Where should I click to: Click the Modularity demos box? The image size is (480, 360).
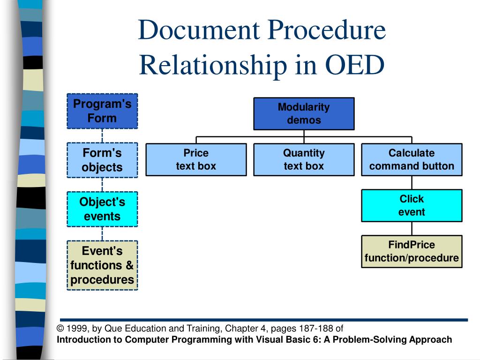coord(304,114)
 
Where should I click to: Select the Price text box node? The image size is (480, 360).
coord(196,159)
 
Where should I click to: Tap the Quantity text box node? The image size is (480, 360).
coord(304,159)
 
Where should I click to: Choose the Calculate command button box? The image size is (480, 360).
coord(412,159)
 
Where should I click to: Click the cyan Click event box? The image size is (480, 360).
coord(412,205)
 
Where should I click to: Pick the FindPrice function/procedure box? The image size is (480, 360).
coord(412,251)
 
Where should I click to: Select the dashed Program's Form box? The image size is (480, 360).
coord(102,111)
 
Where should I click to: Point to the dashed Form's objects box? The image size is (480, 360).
coord(102,160)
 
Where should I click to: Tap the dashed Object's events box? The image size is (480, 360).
coord(102,209)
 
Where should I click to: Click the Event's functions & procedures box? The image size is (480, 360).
coord(102,265)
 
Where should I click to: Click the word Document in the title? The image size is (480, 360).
coord(199,30)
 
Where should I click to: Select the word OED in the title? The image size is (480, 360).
coord(354,65)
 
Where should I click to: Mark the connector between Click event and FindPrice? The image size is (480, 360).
coord(412,229)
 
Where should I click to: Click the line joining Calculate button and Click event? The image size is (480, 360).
coord(412,183)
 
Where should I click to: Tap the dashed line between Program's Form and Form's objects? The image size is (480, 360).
coord(102,135)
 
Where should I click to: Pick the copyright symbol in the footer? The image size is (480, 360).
coord(60,329)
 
